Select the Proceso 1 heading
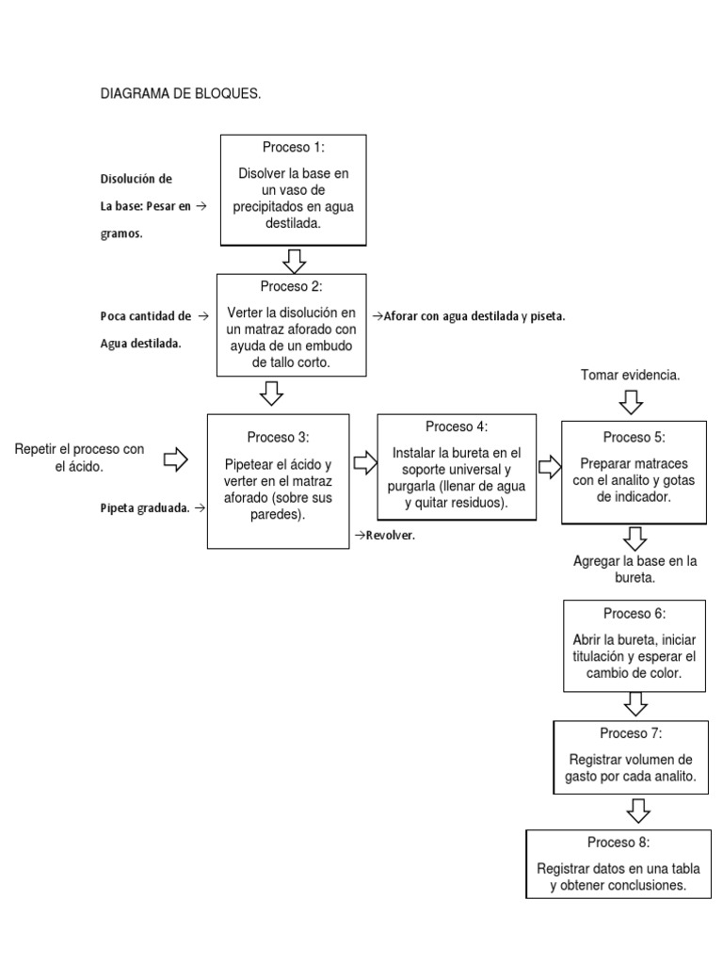294,148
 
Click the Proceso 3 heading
278,437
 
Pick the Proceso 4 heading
457,426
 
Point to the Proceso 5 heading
634,437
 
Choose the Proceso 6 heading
634,613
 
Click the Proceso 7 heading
631,732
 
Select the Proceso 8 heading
619,842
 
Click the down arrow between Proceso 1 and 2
294,259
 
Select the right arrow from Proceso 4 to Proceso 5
549,466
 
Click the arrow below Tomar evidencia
632,402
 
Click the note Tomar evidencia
630,375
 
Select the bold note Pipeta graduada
145,508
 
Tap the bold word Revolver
385,535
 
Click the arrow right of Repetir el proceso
176,458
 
